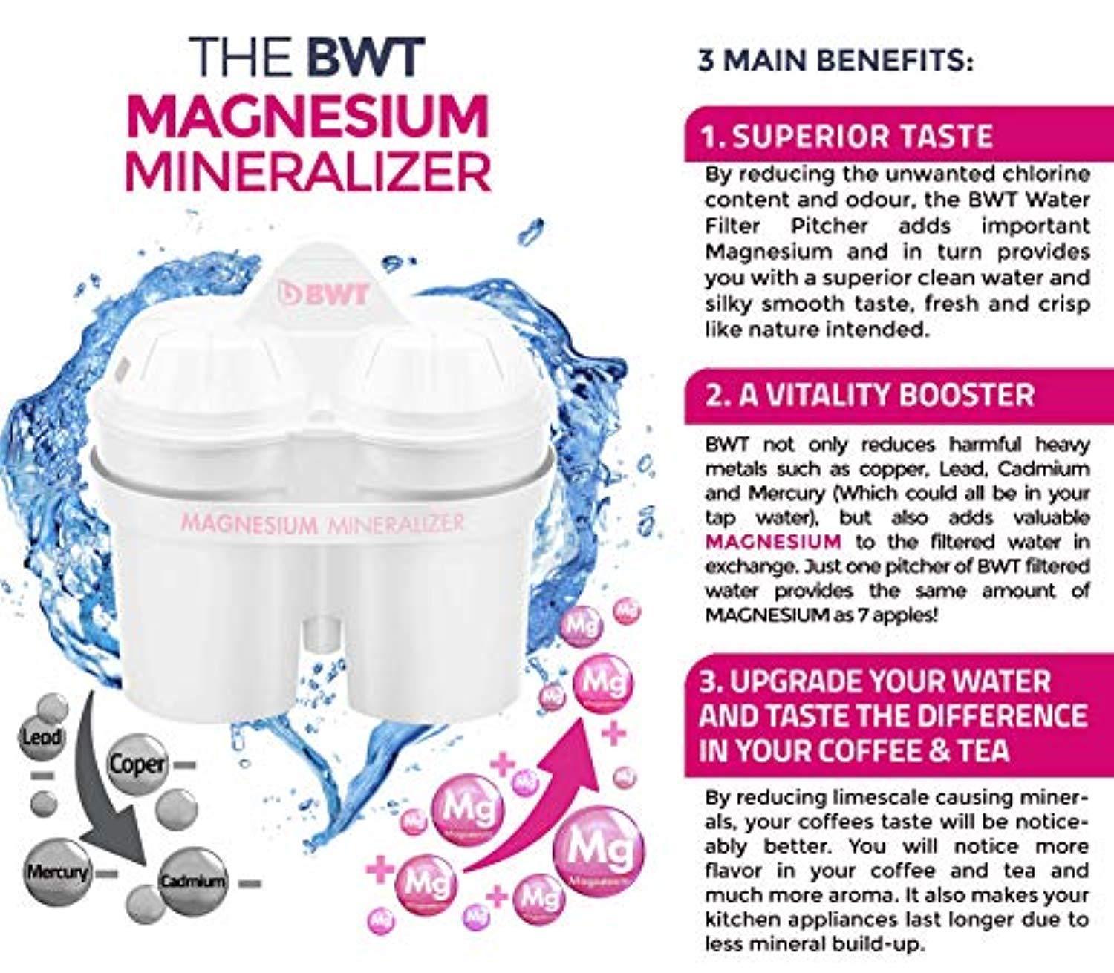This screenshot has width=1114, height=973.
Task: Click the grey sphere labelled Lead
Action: pyautogui.click(x=42, y=738)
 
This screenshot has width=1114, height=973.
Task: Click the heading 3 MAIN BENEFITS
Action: pyautogui.click(x=835, y=76)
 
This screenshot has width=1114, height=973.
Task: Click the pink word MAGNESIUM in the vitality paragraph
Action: pyautogui.click(x=773, y=542)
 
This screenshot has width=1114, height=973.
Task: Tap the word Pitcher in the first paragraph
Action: pyautogui.click(x=830, y=226)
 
